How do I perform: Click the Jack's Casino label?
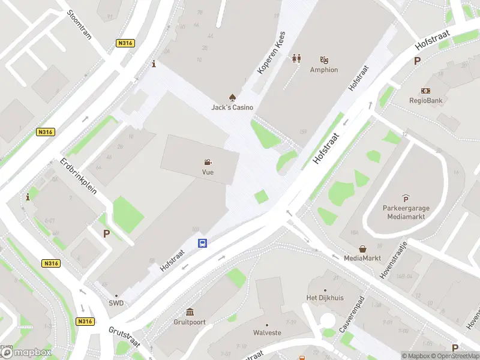click(x=232, y=107)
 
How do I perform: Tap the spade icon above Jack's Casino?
click(x=232, y=97)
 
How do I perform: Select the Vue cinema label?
click(x=208, y=172)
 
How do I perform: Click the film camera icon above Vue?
click(x=208, y=162)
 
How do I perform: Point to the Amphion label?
click(x=324, y=70)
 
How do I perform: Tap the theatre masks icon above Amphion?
click(x=325, y=59)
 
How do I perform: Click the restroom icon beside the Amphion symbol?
click(x=296, y=59)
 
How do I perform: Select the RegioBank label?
click(x=426, y=100)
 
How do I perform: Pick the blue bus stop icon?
click(x=203, y=243)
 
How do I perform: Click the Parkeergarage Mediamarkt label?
click(x=406, y=212)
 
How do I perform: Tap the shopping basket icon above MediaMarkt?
click(x=363, y=248)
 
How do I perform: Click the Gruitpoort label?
click(x=190, y=322)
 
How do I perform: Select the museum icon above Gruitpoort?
click(x=190, y=311)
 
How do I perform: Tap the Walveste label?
click(x=267, y=332)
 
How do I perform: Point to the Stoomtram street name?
click(x=79, y=24)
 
